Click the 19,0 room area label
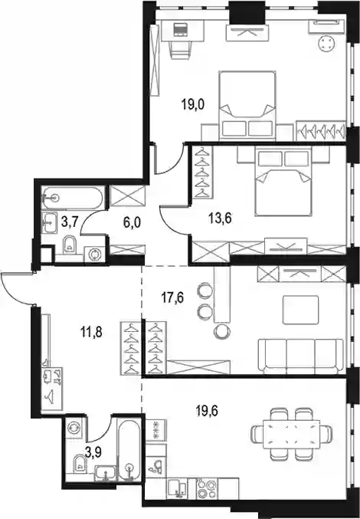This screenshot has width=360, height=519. coord(193,104)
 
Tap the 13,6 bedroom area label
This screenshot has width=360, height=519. coord(220,218)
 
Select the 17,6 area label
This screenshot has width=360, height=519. coord(172,297)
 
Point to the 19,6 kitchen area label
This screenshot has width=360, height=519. coord(207,412)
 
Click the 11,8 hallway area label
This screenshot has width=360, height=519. coord(92,332)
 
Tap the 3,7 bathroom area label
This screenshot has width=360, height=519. coord(70,222)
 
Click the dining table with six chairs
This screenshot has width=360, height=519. coord(292,434)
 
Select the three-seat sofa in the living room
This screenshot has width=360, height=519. coord(300,356)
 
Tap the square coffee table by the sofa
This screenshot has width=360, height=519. coord(300,310)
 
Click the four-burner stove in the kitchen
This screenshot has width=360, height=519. coord(207,489)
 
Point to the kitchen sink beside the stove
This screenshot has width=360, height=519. coord(177,488)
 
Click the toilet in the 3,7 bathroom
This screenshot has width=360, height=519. coord(69,245)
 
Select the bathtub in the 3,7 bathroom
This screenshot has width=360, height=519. coord(73,199)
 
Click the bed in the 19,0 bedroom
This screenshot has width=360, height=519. coord(247,104)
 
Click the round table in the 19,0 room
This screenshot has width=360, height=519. coord(327,43)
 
